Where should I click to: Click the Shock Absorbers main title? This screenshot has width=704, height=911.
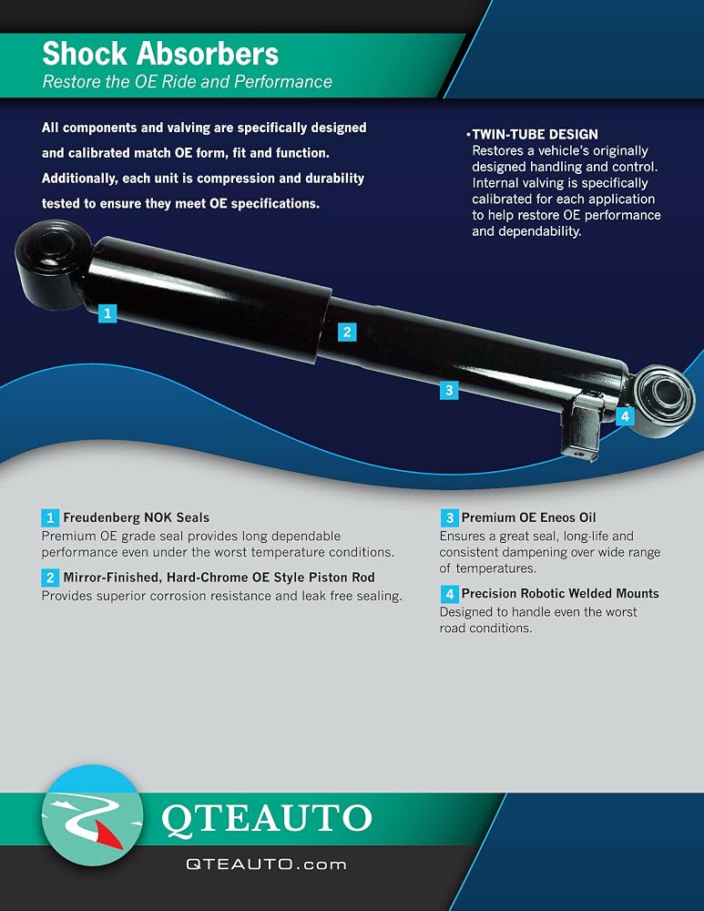click(x=160, y=54)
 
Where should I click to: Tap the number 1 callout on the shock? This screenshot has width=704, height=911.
click(x=107, y=313)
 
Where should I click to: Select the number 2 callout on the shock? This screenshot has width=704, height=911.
click(x=347, y=332)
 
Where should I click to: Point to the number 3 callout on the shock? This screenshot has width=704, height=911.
click(x=449, y=390)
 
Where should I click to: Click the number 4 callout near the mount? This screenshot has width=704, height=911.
click(x=625, y=416)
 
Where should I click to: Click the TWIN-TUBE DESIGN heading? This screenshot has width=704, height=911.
click(x=535, y=134)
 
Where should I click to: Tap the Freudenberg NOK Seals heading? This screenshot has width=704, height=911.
click(x=137, y=517)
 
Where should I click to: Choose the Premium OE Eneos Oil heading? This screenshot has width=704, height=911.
click(x=528, y=517)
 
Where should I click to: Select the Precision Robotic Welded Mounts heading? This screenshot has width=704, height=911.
click(x=560, y=593)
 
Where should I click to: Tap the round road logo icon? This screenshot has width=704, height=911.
click(x=92, y=815)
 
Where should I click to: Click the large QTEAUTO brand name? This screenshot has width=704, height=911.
click(x=267, y=819)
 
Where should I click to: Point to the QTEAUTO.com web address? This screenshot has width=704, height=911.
click(x=266, y=865)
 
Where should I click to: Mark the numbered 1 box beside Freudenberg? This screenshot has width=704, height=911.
click(x=50, y=517)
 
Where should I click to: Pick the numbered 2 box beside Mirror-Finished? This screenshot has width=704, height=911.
click(x=50, y=578)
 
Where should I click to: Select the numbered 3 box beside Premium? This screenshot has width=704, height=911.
click(x=449, y=517)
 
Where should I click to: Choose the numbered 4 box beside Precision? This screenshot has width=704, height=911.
click(x=449, y=594)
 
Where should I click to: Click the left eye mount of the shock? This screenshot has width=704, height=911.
click(x=51, y=264)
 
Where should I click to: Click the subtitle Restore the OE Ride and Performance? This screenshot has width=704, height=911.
click(x=187, y=81)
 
